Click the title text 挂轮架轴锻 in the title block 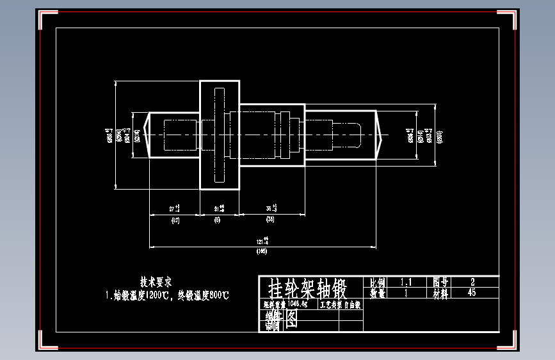coord(307,289)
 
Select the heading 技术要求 coord(156,281)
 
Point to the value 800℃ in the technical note coord(216,295)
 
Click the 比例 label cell coord(378,282)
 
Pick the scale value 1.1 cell coord(406,282)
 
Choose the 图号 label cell coord(442,282)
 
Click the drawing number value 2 coord(472,282)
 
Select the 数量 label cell coord(378,293)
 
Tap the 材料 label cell coord(442,293)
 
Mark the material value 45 coord(472,293)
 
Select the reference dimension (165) coord(262,252)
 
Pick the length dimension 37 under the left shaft coord(173,209)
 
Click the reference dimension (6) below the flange coord(218,220)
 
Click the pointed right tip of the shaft coord(382,135)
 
